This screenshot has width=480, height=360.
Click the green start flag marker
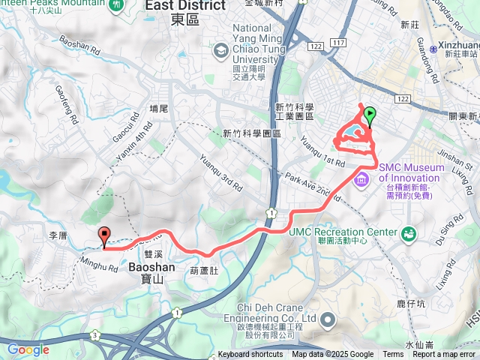pyautogui.click(x=369, y=116)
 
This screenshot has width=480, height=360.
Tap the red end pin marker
pyautogui.click(x=104, y=235)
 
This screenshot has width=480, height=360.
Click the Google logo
pyautogui.click(x=28, y=349)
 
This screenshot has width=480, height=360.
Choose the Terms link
pyautogui.click(x=392, y=355)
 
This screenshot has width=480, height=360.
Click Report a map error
pyautogui.click(x=443, y=355)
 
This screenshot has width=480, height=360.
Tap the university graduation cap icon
pyautogui.click(x=220, y=50)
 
